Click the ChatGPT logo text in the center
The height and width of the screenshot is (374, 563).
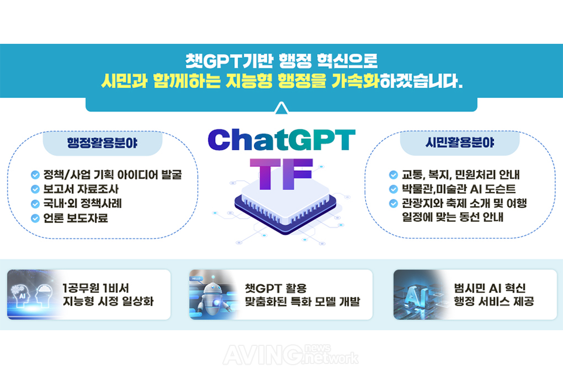pos(281,139)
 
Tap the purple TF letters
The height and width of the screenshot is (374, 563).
pos(281,174)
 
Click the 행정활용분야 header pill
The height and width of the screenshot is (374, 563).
pos(103,143)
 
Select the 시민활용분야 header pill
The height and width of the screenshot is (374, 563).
pos(460,143)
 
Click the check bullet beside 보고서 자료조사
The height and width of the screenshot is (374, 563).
pos(35,189)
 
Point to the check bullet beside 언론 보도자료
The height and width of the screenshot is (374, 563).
pos(35,218)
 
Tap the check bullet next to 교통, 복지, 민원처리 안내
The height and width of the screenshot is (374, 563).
pos(394,175)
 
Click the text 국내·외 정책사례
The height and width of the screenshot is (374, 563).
pos(83,204)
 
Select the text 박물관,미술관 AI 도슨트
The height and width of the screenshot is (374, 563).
pos(459,189)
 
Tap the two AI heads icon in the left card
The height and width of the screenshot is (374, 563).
pos(32,294)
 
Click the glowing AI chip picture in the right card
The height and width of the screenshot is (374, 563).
pos(418,294)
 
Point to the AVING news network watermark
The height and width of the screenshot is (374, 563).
pos(290,354)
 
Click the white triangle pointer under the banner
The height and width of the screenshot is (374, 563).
pos(281,108)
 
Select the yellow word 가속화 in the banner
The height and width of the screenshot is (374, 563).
pos(355,81)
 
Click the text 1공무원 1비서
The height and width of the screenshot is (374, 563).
pos(96,288)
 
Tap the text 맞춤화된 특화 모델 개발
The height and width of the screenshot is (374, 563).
pos(303,301)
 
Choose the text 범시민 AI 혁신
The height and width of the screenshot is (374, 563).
pos(490,288)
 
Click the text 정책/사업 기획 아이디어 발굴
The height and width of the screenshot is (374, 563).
pos(113,175)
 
